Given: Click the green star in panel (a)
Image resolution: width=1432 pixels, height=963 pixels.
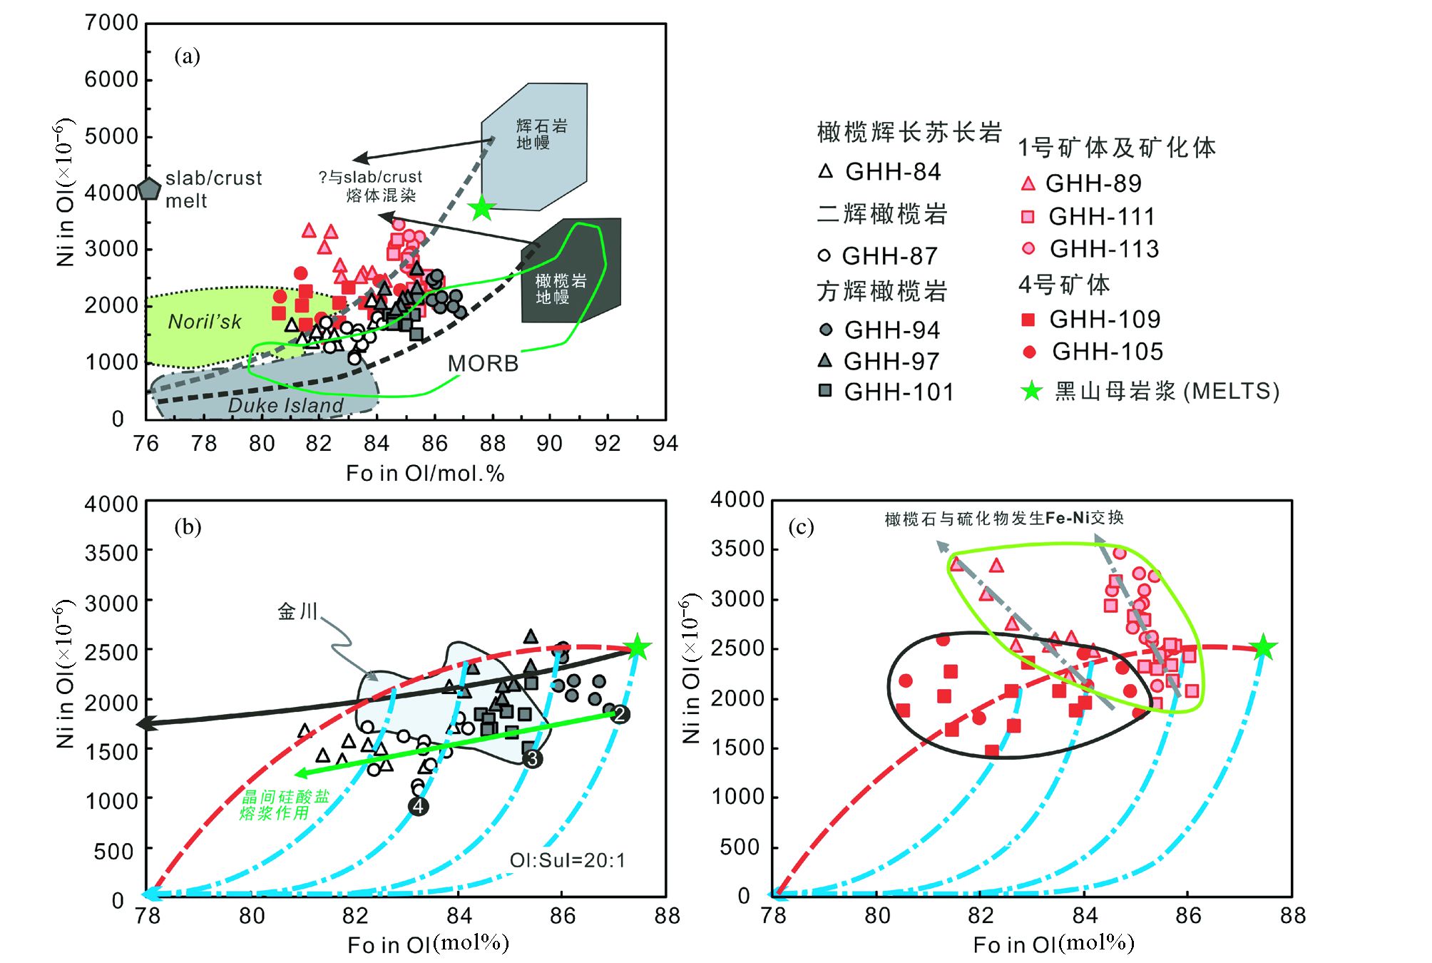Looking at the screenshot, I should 482,208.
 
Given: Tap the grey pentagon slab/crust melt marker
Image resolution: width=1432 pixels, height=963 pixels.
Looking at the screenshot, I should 149,189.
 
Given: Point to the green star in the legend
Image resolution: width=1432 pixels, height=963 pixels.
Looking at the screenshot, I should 1031,391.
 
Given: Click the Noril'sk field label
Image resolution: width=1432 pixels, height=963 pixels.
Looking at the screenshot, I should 205,322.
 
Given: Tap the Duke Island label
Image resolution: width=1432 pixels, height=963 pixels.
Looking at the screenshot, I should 285,405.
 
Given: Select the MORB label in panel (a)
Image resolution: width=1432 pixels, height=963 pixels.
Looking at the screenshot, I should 483,364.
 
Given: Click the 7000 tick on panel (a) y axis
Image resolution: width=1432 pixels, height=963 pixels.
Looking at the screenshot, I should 111,23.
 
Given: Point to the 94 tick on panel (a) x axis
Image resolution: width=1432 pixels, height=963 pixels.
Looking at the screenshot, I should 665,444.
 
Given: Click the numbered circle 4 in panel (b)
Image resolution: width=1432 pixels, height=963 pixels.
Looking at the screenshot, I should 419,806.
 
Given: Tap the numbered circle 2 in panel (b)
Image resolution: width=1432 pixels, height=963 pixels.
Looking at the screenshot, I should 620,714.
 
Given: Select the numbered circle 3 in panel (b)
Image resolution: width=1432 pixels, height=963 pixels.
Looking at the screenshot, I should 532,759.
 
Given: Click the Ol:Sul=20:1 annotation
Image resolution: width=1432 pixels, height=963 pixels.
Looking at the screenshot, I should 567,860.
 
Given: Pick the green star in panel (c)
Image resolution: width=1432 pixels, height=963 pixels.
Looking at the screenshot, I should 1263,648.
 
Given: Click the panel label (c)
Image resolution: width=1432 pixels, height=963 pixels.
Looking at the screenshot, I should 801,527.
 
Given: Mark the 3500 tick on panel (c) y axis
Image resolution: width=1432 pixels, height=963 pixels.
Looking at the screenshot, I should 737,549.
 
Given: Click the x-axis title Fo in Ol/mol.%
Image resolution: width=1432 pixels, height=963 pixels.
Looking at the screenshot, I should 425,473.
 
